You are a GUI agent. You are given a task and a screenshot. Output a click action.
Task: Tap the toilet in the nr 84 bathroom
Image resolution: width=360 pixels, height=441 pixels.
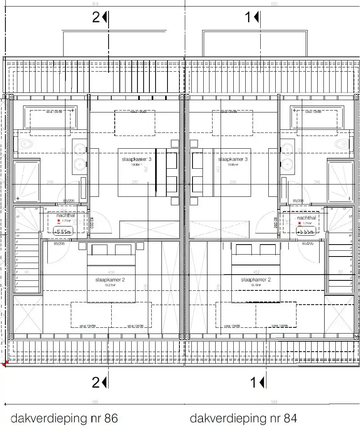342,144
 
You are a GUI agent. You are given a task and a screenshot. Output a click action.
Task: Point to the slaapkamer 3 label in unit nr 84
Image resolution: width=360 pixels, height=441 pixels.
233,159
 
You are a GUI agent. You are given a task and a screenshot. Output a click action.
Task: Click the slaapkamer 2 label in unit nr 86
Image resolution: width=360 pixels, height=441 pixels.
110,280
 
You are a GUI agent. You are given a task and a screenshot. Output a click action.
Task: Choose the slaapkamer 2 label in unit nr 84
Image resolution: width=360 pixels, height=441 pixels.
256,280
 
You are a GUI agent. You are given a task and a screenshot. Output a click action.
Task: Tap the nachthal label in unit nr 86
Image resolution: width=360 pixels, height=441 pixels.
65,216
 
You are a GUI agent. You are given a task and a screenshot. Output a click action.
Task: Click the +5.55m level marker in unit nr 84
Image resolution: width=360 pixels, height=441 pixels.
306,231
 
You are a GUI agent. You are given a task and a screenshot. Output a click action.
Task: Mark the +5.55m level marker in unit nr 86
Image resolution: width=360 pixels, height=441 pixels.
63,231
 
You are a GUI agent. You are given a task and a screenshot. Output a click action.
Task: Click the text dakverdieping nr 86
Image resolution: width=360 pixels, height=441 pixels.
64,418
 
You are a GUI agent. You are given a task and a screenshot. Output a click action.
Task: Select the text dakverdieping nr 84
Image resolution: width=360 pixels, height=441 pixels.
243,418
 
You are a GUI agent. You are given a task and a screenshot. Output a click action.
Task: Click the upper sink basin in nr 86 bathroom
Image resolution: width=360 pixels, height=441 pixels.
80,149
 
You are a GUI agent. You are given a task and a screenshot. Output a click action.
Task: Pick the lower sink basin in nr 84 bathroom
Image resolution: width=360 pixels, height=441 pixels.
287,164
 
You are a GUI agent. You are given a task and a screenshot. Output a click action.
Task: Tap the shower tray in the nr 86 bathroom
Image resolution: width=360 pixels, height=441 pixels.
27,181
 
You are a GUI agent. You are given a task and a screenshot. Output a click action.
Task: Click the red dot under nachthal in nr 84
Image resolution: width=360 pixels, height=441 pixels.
300,223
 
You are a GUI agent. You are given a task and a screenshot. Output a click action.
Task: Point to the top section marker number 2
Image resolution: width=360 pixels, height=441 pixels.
96,17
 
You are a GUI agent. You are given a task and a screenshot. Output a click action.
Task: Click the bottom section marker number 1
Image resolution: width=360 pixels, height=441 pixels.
254,382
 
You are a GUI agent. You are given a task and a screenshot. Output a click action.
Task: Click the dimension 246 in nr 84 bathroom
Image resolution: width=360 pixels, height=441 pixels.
317,182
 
